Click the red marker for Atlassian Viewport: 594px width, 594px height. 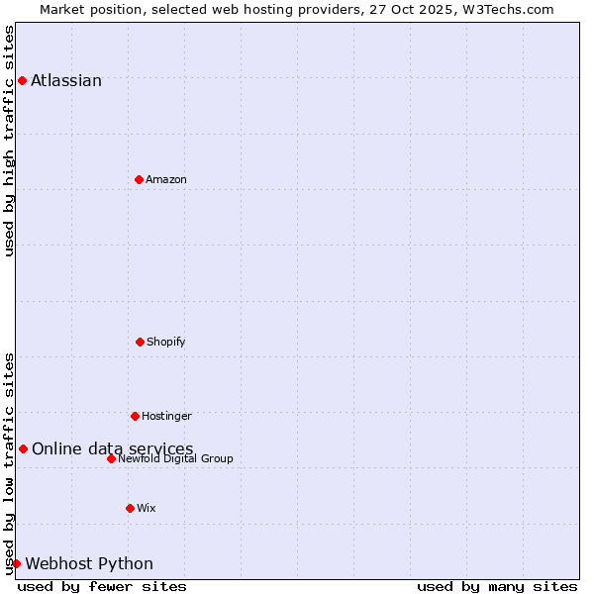pyautogui.click(x=22, y=80)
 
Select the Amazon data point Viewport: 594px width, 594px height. pyautogui.click(x=139, y=179)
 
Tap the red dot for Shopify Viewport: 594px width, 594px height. pyautogui.click(x=140, y=342)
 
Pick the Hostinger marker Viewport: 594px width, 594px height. pyautogui.click(x=135, y=416)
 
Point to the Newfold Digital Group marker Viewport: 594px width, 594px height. pyautogui.click(x=111, y=458)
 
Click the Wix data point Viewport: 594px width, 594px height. pyautogui.click(x=130, y=508)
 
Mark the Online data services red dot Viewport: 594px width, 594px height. pyautogui.click(x=23, y=448)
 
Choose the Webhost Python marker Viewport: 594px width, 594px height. pyautogui.click(x=16, y=563)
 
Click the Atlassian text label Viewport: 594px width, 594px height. pyautogui.click(x=66, y=81)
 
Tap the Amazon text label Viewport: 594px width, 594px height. pyautogui.click(x=166, y=180)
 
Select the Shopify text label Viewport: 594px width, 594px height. pyautogui.click(x=166, y=343)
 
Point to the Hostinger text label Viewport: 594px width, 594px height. pyautogui.click(x=166, y=417)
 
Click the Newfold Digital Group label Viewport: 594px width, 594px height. pyautogui.click(x=175, y=459)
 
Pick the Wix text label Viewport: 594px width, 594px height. pyautogui.click(x=147, y=509)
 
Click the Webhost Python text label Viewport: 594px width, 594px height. pyautogui.click(x=89, y=564)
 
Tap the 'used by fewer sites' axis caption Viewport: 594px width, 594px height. pyautogui.click(x=102, y=586)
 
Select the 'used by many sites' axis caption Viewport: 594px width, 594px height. pyautogui.click(x=497, y=586)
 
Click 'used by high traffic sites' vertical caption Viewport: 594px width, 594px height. pyautogui.click(x=9, y=141)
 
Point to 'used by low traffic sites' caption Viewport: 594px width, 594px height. pyautogui.click(x=9, y=463)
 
